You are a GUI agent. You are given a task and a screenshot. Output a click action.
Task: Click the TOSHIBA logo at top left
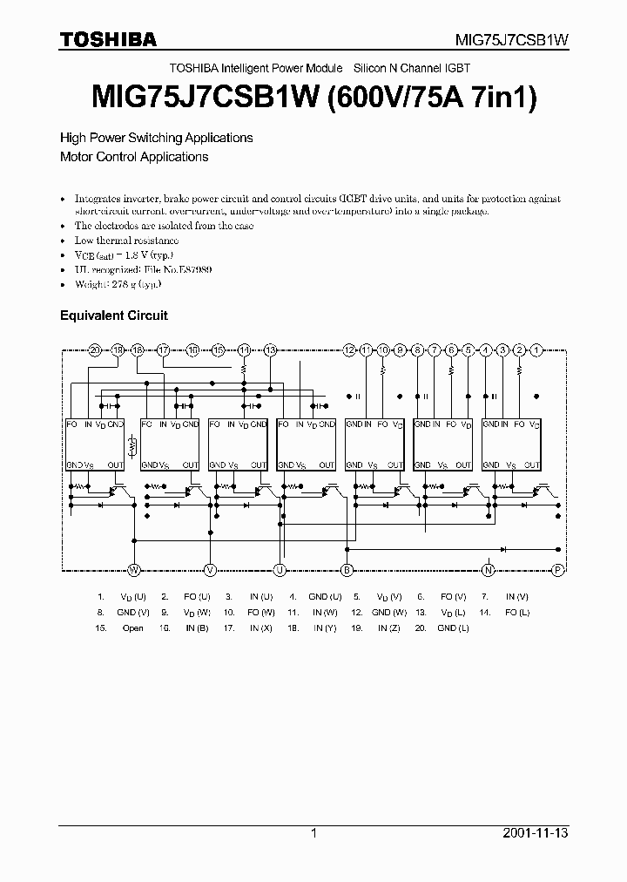point(108,39)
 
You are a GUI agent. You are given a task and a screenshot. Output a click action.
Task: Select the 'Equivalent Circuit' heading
point(113,315)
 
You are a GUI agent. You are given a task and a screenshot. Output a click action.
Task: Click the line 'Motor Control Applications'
point(134,157)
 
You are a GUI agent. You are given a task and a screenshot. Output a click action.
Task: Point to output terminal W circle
point(134,570)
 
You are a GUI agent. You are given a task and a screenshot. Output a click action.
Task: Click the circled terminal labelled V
point(210,570)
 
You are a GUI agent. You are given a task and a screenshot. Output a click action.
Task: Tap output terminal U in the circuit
point(280,570)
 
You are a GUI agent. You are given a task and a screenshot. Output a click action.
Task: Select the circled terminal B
point(347,570)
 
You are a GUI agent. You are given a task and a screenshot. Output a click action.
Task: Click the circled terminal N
point(489,570)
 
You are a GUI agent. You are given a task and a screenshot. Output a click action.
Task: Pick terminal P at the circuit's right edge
point(558,570)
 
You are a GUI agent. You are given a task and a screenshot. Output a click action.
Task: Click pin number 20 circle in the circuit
point(95,349)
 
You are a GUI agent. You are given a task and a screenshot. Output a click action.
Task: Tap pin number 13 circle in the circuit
point(270,349)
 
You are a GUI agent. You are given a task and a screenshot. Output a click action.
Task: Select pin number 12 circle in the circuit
point(349,349)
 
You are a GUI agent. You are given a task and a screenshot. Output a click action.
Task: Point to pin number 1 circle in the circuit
point(536,349)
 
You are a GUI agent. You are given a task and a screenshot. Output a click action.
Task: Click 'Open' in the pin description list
point(133,628)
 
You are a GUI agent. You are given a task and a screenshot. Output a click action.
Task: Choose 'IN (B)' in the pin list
point(197,628)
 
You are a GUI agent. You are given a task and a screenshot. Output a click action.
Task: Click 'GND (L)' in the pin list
point(453,628)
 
